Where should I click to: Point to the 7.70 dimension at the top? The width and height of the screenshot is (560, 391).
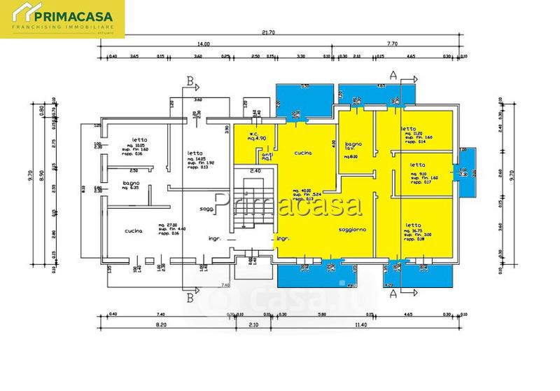coord(392,43)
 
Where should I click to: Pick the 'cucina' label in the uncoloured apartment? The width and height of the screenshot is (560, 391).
coord(134,231)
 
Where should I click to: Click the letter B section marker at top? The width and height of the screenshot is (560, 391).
coord(190,81)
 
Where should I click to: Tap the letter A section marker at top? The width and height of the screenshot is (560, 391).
coord(393,74)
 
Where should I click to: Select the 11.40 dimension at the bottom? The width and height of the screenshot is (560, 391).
coord(360,325)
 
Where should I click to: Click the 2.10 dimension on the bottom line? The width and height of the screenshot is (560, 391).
coord(253,325)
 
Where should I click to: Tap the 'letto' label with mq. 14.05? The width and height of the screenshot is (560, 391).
coord(195,153)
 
